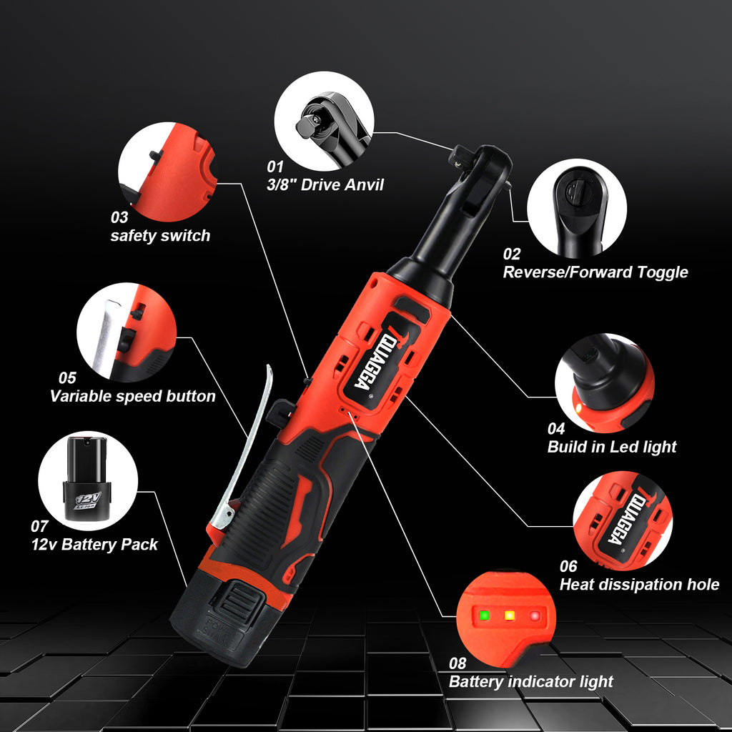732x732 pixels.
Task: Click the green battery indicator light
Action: tap(485, 615)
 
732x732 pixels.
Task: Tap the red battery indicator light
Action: tap(533, 615)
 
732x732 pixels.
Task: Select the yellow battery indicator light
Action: tap(509, 615)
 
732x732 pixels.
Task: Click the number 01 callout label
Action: tap(275, 167)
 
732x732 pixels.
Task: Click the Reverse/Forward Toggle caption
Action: tap(595, 272)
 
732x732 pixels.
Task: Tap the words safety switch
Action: tap(160, 236)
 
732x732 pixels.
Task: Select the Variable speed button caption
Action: tap(132, 396)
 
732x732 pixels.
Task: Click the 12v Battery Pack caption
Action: tap(94, 545)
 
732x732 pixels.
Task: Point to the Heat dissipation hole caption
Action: tap(638, 585)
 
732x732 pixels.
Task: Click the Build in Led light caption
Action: tap(611, 447)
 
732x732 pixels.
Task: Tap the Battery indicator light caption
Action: tap(530, 682)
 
